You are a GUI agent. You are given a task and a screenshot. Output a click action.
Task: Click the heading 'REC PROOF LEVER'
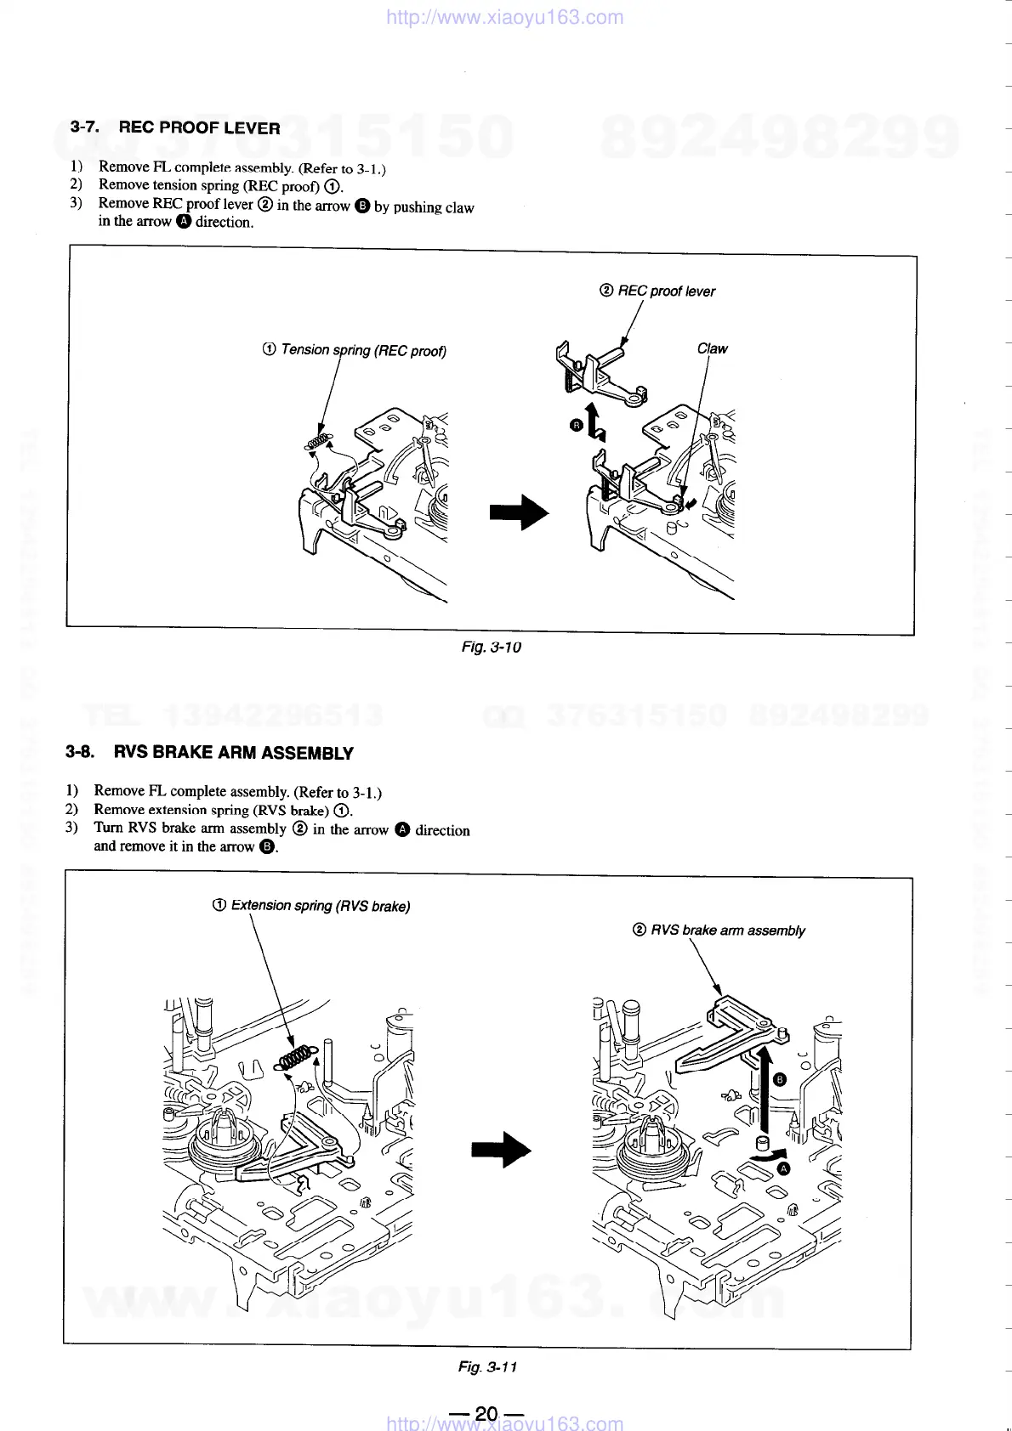(x=199, y=128)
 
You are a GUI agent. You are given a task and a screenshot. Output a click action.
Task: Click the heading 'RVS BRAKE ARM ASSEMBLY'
(x=233, y=753)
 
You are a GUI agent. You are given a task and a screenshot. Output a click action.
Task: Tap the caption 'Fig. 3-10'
(x=491, y=648)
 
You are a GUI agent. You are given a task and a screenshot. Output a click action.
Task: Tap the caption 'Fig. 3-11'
(x=487, y=1367)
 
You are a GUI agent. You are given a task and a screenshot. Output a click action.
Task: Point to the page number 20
(x=486, y=1414)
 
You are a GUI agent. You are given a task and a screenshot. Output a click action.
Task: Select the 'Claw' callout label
(x=712, y=348)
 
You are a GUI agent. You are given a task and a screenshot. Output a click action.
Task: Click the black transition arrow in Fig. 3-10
(x=519, y=512)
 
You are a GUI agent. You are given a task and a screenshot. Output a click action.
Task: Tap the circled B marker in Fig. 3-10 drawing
(x=576, y=424)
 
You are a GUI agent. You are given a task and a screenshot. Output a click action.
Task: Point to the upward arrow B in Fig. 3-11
(x=764, y=1088)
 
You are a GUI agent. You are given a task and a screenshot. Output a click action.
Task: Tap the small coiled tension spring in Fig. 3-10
(x=317, y=442)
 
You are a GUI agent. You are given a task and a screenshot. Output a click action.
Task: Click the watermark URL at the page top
(x=504, y=17)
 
